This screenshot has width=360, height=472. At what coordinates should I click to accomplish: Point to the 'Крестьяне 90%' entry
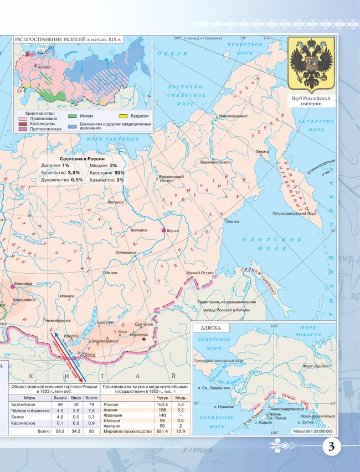point(107,172)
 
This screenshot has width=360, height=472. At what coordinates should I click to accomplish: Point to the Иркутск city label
point(70,336)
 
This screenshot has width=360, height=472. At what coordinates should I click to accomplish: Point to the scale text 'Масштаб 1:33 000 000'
point(313,430)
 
